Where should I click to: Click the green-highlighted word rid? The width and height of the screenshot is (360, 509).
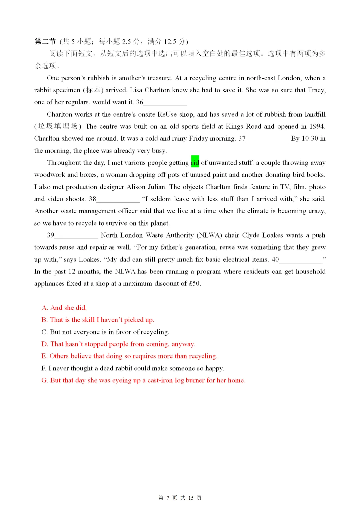195,163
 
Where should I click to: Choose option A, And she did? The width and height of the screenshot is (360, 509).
64,308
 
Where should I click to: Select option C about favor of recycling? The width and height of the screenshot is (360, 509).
105,332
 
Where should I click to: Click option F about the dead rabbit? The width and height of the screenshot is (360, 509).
133,368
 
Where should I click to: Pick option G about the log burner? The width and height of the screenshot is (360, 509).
143,380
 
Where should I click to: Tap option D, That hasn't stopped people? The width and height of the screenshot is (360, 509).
118,344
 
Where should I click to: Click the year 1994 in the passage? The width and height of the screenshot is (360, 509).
316,127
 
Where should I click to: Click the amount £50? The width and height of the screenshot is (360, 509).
194,284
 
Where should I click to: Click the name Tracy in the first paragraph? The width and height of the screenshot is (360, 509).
316,90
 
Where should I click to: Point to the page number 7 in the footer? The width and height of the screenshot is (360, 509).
168,498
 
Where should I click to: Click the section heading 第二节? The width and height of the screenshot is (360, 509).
45,42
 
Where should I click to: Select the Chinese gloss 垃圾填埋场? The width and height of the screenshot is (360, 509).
58,126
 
